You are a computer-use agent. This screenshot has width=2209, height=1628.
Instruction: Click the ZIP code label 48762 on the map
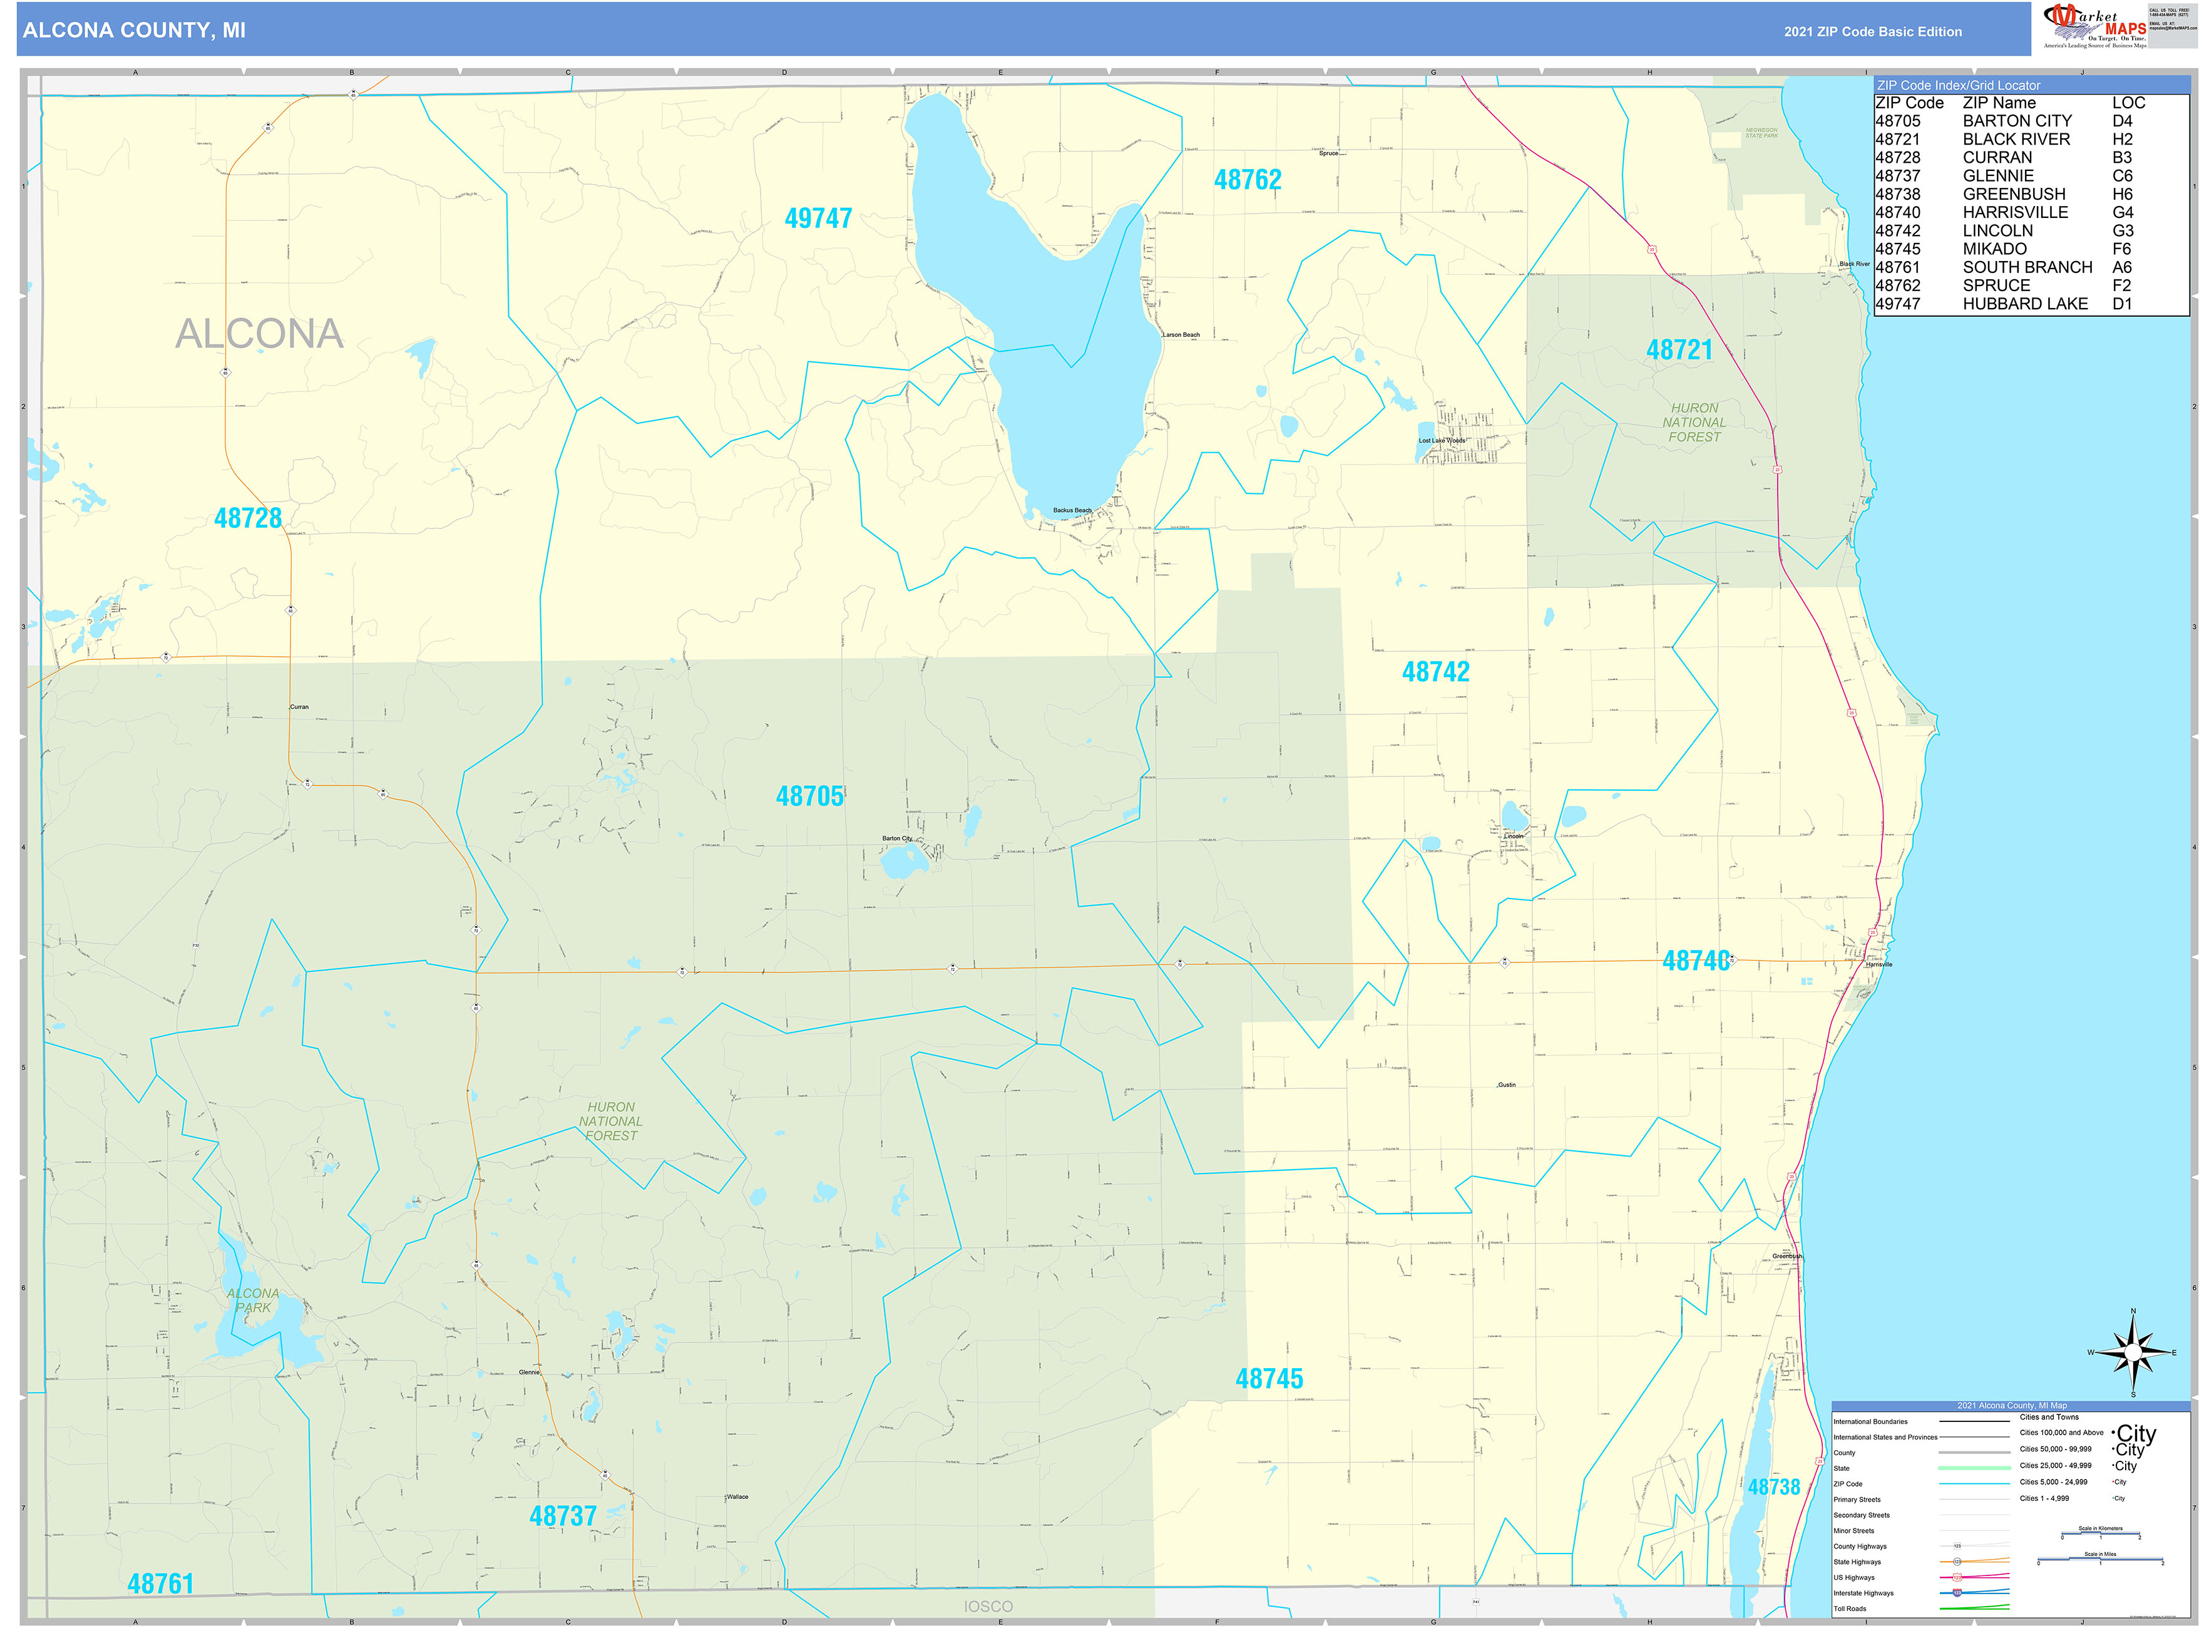point(1248,180)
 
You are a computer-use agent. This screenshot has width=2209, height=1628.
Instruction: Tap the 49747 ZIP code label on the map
point(817,219)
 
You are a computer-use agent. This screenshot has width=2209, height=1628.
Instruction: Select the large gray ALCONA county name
point(259,334)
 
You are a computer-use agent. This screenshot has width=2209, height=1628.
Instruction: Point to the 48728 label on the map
point(247,518)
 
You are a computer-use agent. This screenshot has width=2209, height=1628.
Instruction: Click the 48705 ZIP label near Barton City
point(809,796)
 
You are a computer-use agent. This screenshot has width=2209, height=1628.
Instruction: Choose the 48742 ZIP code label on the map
point(1435,672)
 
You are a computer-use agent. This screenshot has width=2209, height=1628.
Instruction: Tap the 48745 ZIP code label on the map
point(1269,1379)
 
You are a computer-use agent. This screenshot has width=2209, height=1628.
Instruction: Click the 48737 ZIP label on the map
point(563,1516)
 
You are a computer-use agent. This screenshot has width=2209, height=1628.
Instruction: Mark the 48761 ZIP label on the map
point(161,1584)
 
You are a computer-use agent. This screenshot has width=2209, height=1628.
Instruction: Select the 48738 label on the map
point(1773,1487)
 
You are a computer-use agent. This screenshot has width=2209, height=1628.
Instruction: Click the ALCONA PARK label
point(254,1300)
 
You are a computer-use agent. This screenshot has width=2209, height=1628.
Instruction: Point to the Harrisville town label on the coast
point(1878,964)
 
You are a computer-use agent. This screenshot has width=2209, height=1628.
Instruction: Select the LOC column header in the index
point(2128,103)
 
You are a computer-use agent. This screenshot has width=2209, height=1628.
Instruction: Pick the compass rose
point(2133,1352)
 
